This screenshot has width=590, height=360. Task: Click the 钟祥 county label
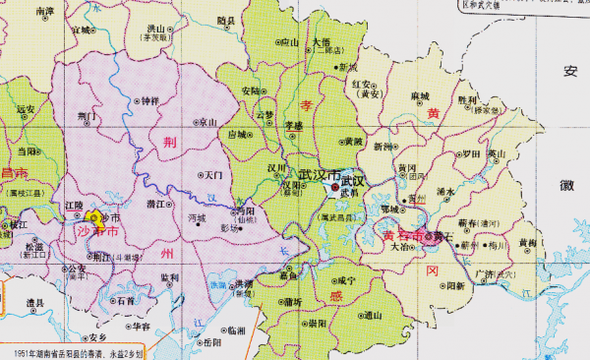point(149,100)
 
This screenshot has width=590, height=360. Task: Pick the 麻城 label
point(420,95)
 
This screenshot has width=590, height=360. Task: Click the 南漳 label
point(44,12)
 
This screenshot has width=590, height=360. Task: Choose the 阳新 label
point(455,286)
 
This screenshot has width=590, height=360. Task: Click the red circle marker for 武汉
point(335,185)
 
